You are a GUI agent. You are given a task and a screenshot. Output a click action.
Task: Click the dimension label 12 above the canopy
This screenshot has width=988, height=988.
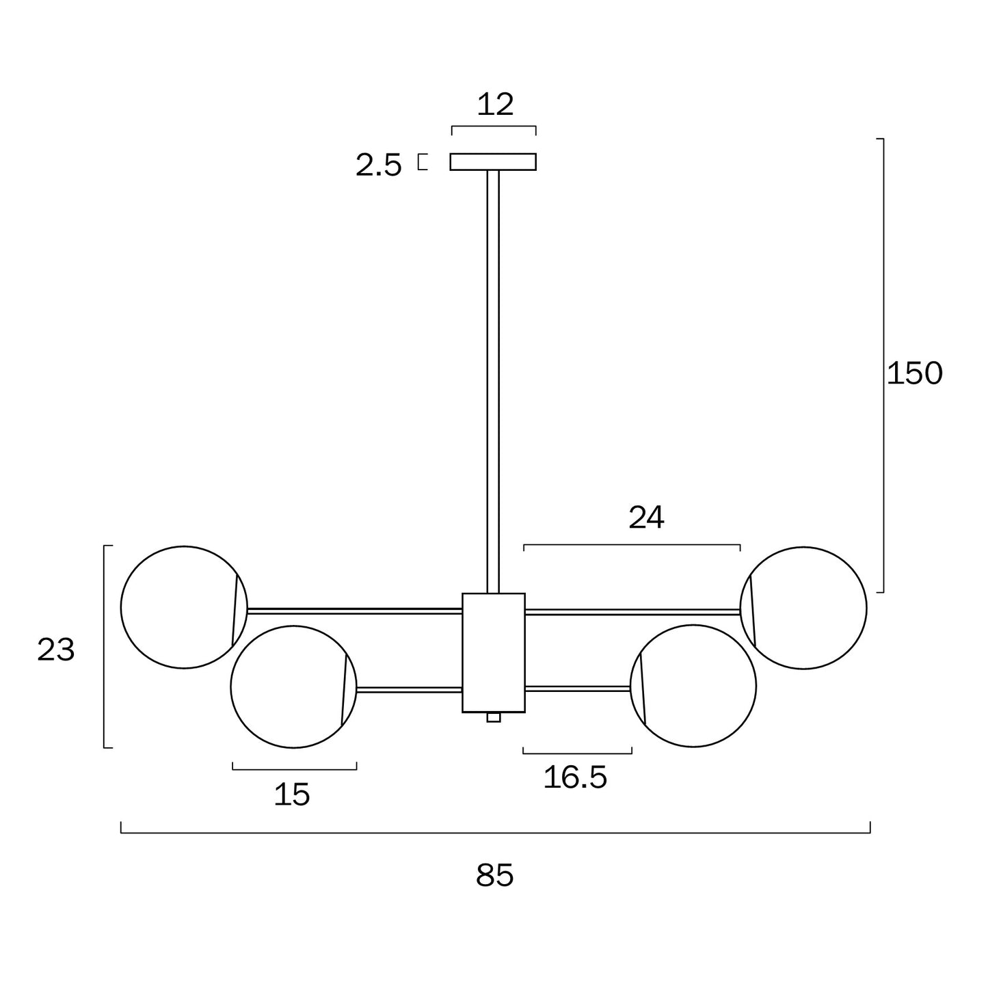(494, 105)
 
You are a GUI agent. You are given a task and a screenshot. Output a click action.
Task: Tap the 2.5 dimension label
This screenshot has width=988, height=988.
(378, 165)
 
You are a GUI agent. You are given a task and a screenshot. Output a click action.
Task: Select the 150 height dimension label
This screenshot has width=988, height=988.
(914, 373)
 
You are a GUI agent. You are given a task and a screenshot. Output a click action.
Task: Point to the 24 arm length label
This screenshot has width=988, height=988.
(646, 518)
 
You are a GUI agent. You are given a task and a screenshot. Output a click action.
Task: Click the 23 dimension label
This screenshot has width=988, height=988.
(56, 650)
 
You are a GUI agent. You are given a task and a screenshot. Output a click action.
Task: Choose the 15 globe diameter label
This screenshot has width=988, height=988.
(292, 795)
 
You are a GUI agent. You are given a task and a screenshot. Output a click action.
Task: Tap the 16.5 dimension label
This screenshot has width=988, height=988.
(575, 777)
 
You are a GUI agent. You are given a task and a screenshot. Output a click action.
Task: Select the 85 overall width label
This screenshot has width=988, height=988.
(494, 876)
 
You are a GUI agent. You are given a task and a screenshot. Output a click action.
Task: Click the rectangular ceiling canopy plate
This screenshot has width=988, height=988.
(493, 161)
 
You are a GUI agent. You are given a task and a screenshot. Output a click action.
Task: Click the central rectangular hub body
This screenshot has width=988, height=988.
(494, 652)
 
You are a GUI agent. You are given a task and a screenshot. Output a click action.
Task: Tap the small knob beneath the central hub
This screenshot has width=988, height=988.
(494, 717)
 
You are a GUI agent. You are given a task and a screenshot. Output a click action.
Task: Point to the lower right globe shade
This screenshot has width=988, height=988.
(697, 686)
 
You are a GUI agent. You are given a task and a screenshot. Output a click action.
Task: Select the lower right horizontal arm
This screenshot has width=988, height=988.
(578, 689)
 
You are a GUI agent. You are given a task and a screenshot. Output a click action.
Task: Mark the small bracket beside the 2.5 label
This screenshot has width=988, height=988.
(423, 162)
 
